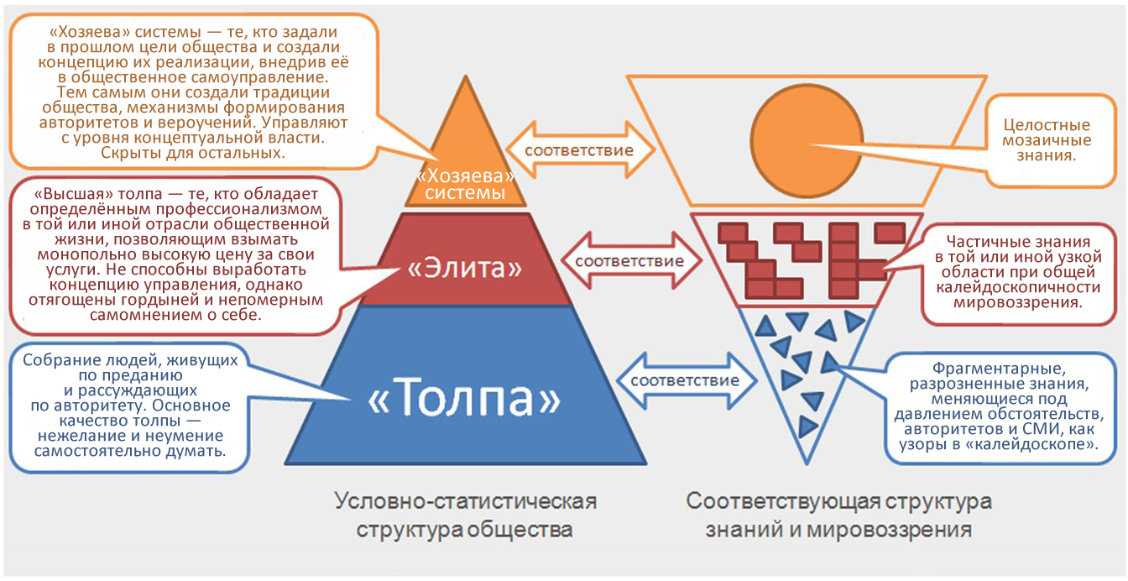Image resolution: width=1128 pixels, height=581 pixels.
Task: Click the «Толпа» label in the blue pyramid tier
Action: tap(464, 398)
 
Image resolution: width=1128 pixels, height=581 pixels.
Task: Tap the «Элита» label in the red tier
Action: tap(464, 268)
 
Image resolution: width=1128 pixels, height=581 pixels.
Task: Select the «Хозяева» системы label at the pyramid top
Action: tap(465, 184)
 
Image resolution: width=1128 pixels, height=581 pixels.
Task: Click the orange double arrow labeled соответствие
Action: tap(580, 149)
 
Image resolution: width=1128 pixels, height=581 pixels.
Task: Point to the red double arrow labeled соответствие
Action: tap(630, 261)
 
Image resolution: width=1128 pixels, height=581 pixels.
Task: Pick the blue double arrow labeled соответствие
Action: tap(686, 380)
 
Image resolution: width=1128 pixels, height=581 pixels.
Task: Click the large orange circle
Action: tap(807, 140)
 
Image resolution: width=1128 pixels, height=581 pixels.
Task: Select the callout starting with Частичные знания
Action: tap(1018, 272)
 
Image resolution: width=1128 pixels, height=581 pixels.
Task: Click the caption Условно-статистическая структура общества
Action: tap(465, 515)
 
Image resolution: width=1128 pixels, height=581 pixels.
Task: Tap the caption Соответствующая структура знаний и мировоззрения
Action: tap(838, 515)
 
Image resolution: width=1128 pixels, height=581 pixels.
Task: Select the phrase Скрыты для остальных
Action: tap(193, 153)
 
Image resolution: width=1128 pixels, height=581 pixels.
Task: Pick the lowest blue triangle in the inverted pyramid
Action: tap(807, 427)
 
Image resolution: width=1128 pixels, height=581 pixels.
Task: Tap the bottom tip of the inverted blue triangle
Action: tap(807, 463)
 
